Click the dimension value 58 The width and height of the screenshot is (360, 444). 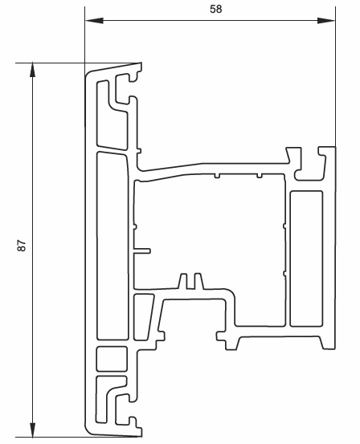(215, 9)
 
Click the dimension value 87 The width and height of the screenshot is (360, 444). (22, 246)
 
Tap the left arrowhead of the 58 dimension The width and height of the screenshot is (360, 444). (94, 20)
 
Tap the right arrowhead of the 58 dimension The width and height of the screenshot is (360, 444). (326, 20)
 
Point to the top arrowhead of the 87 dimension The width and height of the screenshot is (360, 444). (33, 70)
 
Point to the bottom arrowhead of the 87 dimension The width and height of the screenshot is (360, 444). (33, 430)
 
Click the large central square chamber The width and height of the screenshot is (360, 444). (209, 232)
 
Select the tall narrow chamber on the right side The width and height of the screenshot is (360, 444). (306, 259)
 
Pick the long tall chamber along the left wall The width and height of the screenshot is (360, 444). (112, 246)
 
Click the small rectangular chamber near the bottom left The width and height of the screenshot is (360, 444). (112, 358)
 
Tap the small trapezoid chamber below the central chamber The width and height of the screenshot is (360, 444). (143, 317)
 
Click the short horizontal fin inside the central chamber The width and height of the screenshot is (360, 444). (141, 251)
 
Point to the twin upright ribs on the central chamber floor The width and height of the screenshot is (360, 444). (191, 281)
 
